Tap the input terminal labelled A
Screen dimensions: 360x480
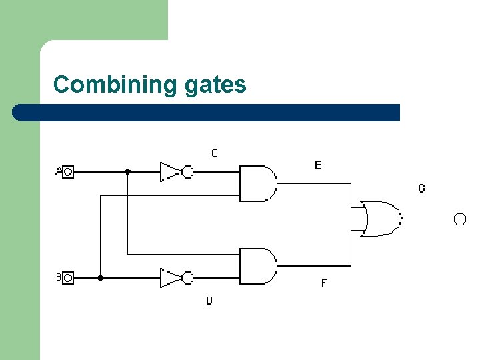tap(67, 172)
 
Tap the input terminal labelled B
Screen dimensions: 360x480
tap(67, 277)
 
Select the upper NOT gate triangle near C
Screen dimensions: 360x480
tap(169, 172)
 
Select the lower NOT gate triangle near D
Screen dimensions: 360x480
tap(169, 277)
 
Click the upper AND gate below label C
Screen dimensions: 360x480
tap(257, 183)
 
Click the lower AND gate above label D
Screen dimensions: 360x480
tap(257, 266)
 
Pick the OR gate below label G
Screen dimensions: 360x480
tap(381, 218)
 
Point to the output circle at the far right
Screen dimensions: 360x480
tap(460, 219)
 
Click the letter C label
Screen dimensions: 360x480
tap(214, 153)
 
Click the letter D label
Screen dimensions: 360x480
tap(209, 301)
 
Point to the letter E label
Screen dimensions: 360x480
tap(318, 165)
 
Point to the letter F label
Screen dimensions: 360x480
tap(324, 283)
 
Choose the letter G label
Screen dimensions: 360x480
tap(421, 189)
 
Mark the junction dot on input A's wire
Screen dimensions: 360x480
tap(127, 171)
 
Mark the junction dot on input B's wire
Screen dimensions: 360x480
tap(101, 277)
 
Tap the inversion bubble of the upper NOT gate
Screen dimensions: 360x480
tap(187, 172)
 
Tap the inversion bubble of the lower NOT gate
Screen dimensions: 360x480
tap(187, 277)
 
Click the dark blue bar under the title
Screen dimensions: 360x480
tap(207, 113)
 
